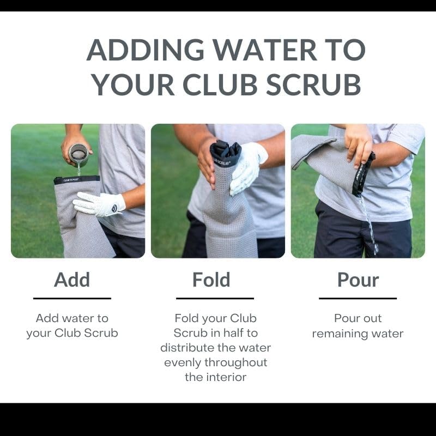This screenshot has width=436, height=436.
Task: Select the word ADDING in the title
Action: pyautogui.click(x=145, y=51)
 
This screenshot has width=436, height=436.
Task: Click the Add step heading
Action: pyautogui.click(x=72, y=280)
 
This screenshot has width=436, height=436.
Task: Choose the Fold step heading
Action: pyautogui.click(x=211, y=280)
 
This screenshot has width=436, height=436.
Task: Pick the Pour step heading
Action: pyautogui.click(x=358, y=280)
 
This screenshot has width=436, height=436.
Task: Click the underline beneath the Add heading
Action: pyautogui.click(x=72, y=298)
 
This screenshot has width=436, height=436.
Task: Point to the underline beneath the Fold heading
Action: pyautogui.click(x=215, y=298)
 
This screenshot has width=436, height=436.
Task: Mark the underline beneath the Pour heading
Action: pyautogui.click(x=358, y=298)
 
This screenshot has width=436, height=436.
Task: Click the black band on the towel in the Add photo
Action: pyautogui.click(x=76, y=179)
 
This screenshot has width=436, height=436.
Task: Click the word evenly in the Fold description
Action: pyautogui.click(x=183, y=362)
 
